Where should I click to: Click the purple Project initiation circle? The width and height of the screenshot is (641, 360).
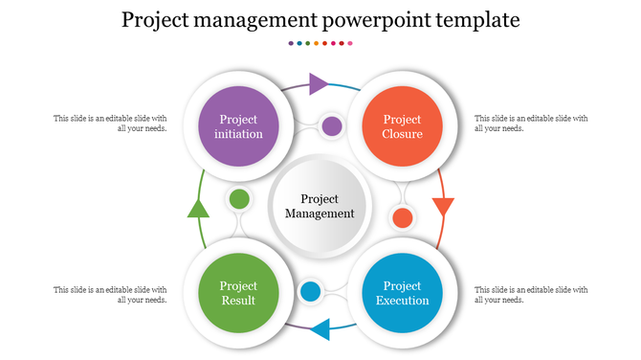pyautogui.click(x=239, y=126)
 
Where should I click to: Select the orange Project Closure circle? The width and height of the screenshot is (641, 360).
pyautogui.click(x=402, y=126)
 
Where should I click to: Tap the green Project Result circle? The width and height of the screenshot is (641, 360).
pyautogui.click(x=239, y=293)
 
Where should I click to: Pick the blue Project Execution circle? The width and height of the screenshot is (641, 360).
pyautogui.click(x=402, y=293)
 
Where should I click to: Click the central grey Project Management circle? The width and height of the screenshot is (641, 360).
pyautogui.click(x=320, y=206)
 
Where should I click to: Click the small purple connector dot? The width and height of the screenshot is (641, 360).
pyautogui.click(x=331, y=125)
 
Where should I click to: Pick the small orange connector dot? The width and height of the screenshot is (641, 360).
pyautogui.click(x=403, y=217)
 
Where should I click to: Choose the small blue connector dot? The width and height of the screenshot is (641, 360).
pyautogui.click(x=310, y=291)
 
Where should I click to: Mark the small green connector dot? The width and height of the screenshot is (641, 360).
pyautogui.click(x=239, y=199)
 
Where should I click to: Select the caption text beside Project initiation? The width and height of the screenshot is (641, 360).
pyautogui.click(x=110, y=124)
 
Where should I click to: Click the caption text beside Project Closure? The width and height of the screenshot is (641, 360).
pyautogui.click(x=531, y=124)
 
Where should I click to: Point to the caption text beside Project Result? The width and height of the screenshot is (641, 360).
pyautogui.click(x=110, y=294)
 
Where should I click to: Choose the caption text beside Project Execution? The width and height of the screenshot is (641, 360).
pyautogui.click(x=531, y=294)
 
